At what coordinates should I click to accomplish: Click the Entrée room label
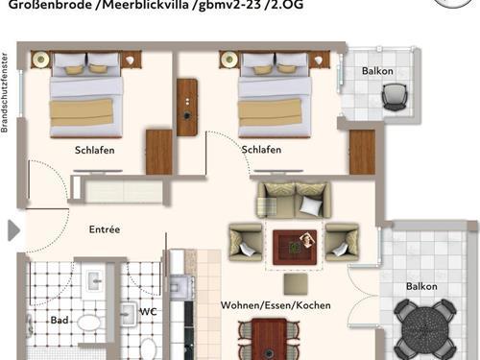pyautogui.click(x=105, y=229)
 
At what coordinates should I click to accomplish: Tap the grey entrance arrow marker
pyautogui.click(x=13, y=230)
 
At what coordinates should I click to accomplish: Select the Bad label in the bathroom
pyautogui.click(x=60, y=320)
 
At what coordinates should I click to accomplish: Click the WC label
pyautogui.click(x=148, y=311)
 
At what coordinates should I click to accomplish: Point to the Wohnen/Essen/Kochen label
pyautogui.click(x=276, y=305)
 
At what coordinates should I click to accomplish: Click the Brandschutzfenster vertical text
pyautogui.click(x=4, y=93)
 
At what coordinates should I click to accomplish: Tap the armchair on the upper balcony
pyautogui.click(x=395, y=96)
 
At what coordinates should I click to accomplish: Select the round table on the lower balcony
pyautogui.click(x=424, y=330)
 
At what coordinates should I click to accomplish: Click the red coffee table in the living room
pyautogui.click(x=295, y=247)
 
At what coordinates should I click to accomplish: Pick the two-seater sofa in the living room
pyautogui.click(x=294, y=200)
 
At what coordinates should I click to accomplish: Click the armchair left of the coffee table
pyautogui.click(x=246, y=242)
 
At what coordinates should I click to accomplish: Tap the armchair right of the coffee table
pyautogui.click(x=342, y=242)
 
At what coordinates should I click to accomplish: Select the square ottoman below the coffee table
pyautogui.click(x=296, y=283)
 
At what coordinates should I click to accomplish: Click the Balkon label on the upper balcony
pyautogui.click(x=377, y=71)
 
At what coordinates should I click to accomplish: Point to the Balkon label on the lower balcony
pyautogui.click(x=421, y=286)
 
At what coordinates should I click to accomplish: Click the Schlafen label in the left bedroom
pyautogui.click(x=95, y=150)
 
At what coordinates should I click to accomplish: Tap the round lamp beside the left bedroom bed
pyautogui.click(x=41, y=60)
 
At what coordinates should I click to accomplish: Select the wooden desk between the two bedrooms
pyautogui.click(x=187, y=108)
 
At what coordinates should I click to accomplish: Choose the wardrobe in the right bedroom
pyautogui.click(x=362, y=152)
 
